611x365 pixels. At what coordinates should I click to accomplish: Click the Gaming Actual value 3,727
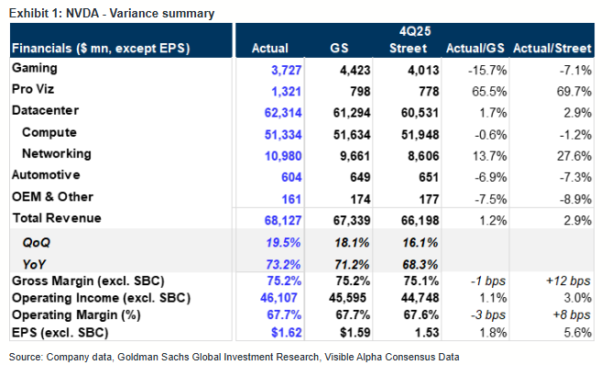[287, 71]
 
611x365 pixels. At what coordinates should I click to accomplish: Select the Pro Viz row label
[33, 89]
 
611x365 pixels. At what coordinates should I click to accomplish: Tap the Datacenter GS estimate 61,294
[352, 113]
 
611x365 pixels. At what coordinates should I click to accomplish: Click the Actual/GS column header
[475, 49]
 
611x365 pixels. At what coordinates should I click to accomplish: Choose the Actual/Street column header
[552, 49]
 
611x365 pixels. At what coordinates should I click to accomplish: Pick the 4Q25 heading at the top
[415, 31]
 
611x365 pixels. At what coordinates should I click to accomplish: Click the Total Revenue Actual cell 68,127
[283, 220]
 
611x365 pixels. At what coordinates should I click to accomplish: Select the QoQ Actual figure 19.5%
[283, 242]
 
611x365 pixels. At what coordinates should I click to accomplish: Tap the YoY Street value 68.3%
[420, 264]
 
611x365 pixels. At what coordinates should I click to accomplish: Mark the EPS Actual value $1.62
[287, 332]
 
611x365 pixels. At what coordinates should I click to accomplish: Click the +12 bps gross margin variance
[568, 281]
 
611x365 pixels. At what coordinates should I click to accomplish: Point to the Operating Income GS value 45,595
[347, 298]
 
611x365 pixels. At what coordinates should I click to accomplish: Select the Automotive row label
[46, 174]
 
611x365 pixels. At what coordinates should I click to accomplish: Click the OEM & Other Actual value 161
[291, 199]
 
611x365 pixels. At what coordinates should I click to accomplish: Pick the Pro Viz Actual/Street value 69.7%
[574, 92]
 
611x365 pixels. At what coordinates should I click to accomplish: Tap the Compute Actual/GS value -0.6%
[491, 135]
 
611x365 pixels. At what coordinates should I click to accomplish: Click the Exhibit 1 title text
[112, 13]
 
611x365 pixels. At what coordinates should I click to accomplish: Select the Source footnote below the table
[234, 357]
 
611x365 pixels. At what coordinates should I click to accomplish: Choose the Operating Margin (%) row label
[76, 315]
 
